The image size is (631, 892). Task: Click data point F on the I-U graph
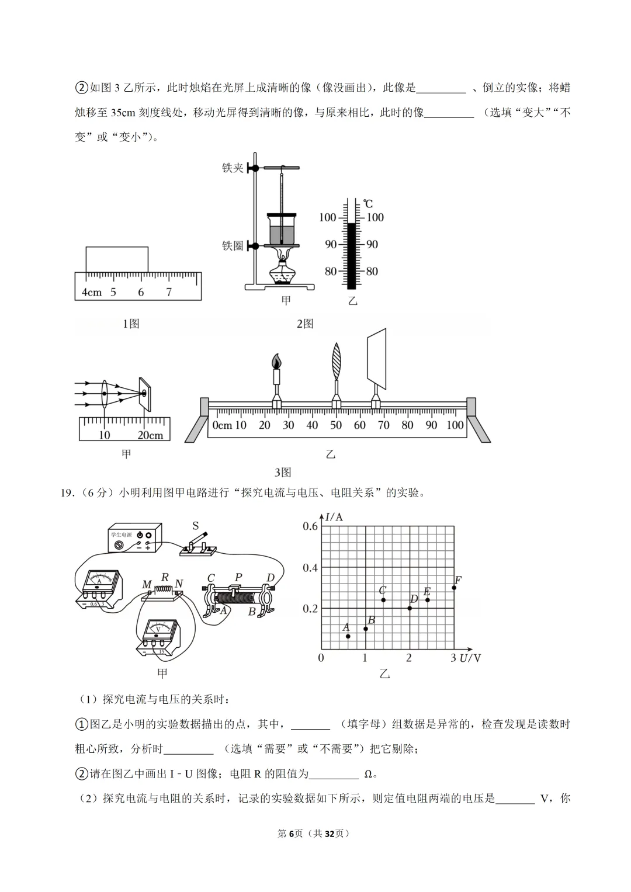(x=454, y=587)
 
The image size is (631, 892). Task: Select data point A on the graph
(x=348, y=636)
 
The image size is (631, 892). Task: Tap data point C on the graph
(x=383, y=600)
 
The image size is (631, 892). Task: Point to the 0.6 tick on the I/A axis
(x=310, y=526)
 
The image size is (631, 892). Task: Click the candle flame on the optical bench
(x=277, y=362)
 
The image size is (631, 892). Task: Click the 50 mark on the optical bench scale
(x=336, y=425)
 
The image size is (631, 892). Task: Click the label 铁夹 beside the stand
(x=233, y=168)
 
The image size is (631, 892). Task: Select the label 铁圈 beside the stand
(x=233, y=246)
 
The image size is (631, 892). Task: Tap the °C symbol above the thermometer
(x=367, y=204)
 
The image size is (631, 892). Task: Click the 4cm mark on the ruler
(x=92, y=293)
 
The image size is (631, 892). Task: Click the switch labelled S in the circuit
(x=199, y=543)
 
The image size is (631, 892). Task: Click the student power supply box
(x=135, y=537)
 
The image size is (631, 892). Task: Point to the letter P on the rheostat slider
(x=238, y=578)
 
